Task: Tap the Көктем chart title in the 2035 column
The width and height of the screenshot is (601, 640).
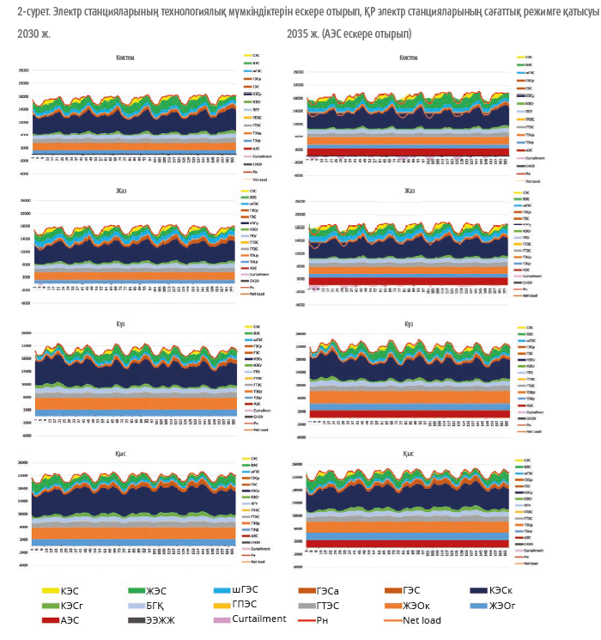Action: [x=408, y=58]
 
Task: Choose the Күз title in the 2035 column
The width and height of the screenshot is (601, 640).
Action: [x=409, y=323]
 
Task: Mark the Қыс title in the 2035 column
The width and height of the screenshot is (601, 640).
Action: [x=408, y=453]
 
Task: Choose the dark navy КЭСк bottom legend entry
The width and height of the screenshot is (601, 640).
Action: [x=507, y=592]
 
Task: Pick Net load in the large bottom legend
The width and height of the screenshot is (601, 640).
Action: [x=421, y=619]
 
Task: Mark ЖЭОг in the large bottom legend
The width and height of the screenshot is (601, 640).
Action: [x=507, y=606]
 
